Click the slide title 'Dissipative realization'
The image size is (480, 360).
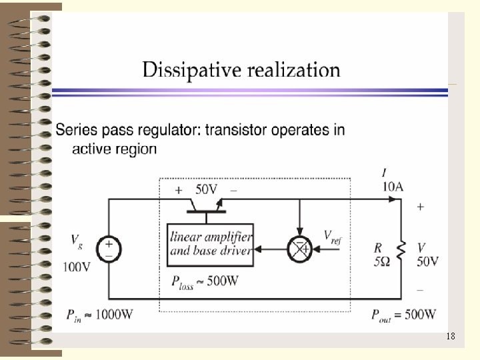[x=241, y=70]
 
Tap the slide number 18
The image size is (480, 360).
[x=451, y=337]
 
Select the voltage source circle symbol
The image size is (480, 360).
[x=109, y=250]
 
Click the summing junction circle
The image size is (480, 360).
[x=299, y=249]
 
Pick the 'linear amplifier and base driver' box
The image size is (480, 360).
[x=210, y=244]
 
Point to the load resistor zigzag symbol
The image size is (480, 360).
[x=401, y=250]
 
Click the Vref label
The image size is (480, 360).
[x=332, y=236]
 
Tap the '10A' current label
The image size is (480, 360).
[x=393, y=187]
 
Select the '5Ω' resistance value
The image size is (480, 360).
[x=382, y=261]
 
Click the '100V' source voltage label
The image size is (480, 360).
[x=77, y=267]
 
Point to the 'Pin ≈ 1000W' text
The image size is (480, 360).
[x=99, y=314]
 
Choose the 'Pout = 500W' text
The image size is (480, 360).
[x=404, y=314]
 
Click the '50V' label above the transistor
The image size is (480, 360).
[x=207, y=189]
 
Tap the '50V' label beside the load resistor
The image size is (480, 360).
[x=427, y=261]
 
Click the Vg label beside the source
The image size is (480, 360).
[x=77, y=239]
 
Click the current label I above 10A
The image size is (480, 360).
[x=384, y=175]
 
